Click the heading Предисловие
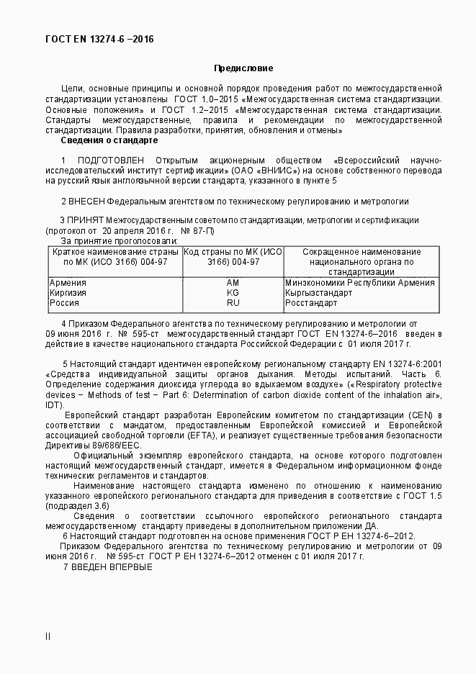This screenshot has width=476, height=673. tap(243, 68)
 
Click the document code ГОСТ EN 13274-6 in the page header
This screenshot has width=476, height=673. tap(80, 39)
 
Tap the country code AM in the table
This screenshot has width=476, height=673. tap(233, 283)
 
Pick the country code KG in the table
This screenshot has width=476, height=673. tap(233, 293)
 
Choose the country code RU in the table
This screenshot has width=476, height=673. tap(233, 303)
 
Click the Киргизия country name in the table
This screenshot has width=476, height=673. tap(68, 293)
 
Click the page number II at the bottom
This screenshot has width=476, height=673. tap(48, 636)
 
